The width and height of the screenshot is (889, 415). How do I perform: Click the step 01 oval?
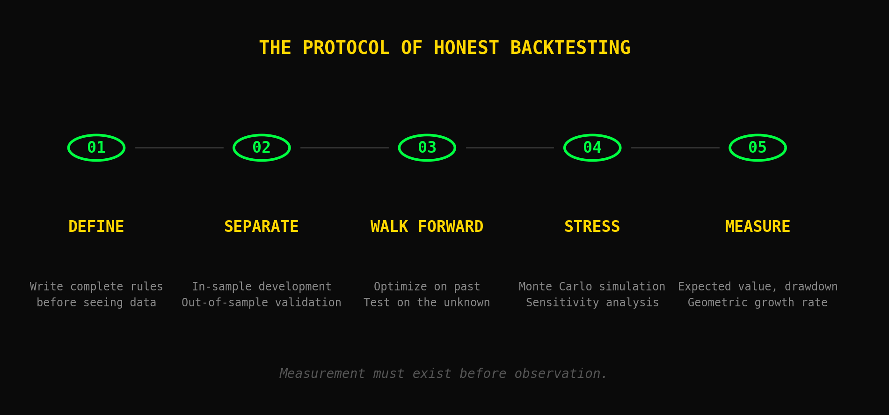tap(96, 148)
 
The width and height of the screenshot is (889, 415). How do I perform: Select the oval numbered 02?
tap(262, 148)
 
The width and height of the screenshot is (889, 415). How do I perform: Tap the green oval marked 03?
tap(427, 148)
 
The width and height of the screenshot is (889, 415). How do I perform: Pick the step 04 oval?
tap(592, 148)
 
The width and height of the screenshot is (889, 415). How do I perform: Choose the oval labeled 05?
tap(758, 148)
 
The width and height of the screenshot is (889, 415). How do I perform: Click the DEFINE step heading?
tap(96, 227)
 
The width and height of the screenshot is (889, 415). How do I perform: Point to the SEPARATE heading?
tap(262, 227)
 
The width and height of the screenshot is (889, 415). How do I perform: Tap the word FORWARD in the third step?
tap(450, 227)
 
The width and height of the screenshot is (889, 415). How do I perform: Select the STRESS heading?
tap(592, 227)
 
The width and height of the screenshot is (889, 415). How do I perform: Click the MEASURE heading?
tap(758, 227)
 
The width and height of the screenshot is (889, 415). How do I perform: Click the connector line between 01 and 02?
tap(179, 148)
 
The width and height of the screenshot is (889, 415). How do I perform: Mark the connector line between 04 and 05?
tap(675, 148)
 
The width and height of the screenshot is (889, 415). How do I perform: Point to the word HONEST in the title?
tap(466, 48)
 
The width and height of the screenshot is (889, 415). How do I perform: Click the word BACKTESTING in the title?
tap(570, 48)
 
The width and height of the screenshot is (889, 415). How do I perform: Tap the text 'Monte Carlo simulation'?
tap(592, 287)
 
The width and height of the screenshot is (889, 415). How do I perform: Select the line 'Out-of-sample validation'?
tap(262, 303)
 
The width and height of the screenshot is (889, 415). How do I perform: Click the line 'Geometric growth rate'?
tap(758, 303)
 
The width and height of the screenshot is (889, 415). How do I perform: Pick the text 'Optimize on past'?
tap(427, 287)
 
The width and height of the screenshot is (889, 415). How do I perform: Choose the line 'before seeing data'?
tap(96, 303)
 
